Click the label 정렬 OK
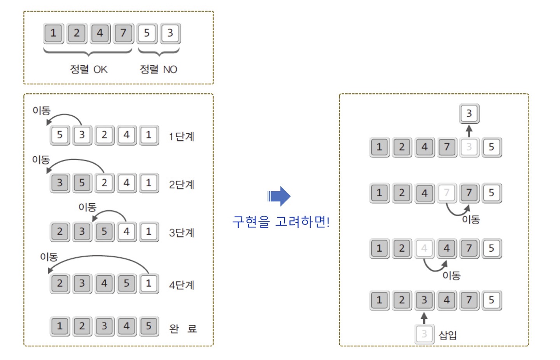(x=88, y=69)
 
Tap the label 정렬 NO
(x=158, y=69)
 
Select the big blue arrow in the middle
(x=279, y=196)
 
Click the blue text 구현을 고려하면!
(x=281, y=222)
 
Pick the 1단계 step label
(x=181, y=136)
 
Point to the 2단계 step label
(x=181, y=184)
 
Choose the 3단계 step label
(x=181, y=232)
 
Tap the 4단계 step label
(x=181, y=285)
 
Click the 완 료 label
(x=183, y=329)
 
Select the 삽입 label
(x=448, y=335)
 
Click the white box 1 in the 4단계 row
(x=149, y=283)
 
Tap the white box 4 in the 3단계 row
(x=126, y=232)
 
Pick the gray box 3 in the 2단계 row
(x=59, y=183)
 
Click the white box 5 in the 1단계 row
(x=59, y=135)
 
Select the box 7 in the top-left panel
(x=123, y=33)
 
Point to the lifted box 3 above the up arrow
(x=469, y=114)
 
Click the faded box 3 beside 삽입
(x=424, y=334)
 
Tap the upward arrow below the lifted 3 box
(x=469, y=130)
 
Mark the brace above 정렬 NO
(x=158, y=52)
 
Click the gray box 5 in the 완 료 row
(x=149, y=326)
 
